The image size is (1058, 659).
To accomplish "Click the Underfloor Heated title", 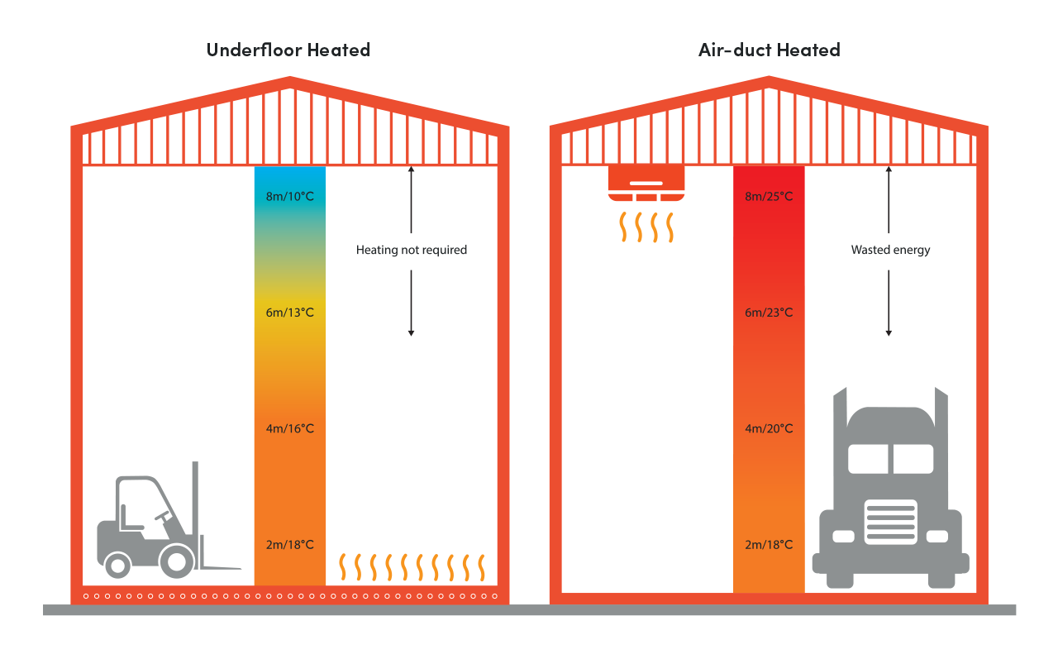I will (x=288, y=50).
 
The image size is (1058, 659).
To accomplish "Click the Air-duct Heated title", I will (x=769, y=50).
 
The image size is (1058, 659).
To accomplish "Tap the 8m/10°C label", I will (x=289, y=197).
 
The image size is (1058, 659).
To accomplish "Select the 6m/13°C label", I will (x=289, y=313).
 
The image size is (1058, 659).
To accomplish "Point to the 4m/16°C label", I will (x=289, y=428).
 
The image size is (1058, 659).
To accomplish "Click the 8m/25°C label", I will (x=769, y=197).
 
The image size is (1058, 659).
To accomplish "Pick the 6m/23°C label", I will (x=769, y=313).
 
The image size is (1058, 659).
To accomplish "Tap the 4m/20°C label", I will (x=769, y=428).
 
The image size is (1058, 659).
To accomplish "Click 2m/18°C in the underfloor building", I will (x=289, y=544).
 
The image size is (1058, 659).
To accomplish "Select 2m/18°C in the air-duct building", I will (x=769, y=544).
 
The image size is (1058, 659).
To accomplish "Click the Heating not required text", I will (x=411, y=250).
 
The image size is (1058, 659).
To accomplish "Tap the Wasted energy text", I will (x=890, y=250).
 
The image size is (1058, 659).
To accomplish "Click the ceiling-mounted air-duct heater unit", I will (x=646, y=184).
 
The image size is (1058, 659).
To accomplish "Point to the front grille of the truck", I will (x=890, y=521).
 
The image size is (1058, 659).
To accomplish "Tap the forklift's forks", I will (x=222, y=568).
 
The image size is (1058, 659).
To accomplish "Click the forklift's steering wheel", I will (x=162, y=516).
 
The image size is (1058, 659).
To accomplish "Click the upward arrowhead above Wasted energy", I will (x=889, y=170).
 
